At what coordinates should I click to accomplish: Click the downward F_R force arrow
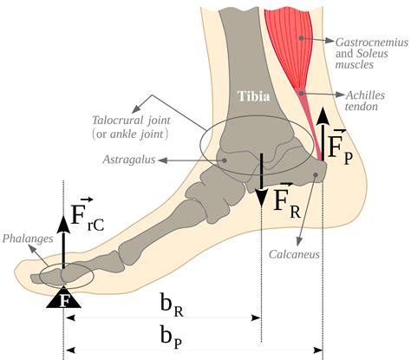tap(262, 179)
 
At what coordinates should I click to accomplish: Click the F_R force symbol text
tap(289, 201)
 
